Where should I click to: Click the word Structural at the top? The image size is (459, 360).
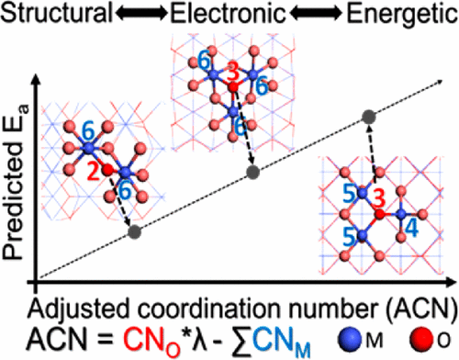coord(56,13)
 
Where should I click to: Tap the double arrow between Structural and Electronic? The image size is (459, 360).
coord(135,13)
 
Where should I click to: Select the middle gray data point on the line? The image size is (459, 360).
coord(253,172)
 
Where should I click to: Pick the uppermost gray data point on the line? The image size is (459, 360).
coord(369,116)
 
